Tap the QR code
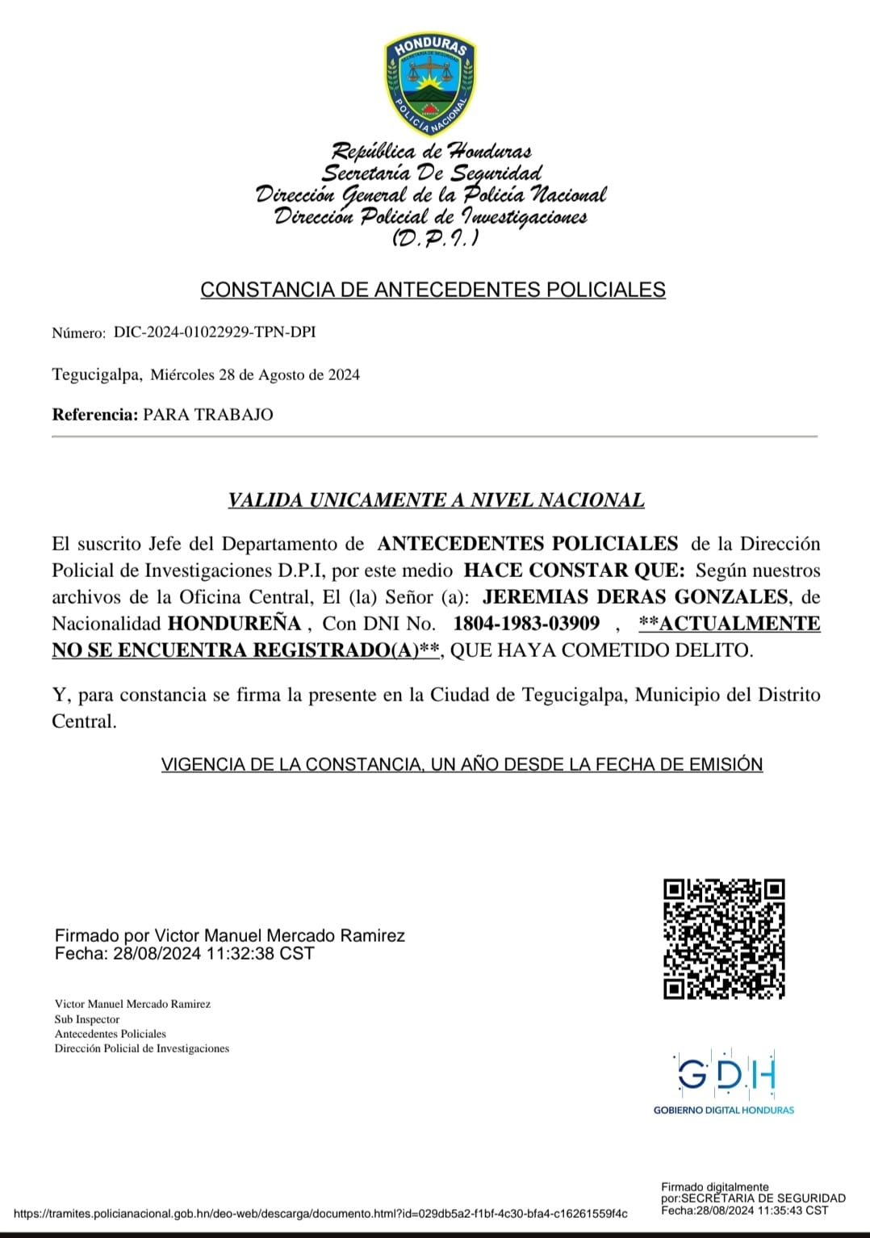(724, 939)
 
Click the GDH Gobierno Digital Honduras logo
(724, 1082)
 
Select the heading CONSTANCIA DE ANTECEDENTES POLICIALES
(433, 290)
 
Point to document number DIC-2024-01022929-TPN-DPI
(215, 332)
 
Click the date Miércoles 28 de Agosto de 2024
(255, 374)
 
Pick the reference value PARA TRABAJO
(208, 415)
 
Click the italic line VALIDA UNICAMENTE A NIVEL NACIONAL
(436, 500)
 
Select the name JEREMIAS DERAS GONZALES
(635, 597)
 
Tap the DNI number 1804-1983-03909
(526, 624)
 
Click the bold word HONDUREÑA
(234, 624)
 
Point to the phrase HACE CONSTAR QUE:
(574, 571)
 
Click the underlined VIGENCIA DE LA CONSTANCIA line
(462, 764)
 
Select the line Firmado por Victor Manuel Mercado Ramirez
(230, 935)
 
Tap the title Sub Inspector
(87, 1019)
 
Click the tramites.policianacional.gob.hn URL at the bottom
(320, 1213)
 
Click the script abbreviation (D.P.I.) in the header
(434, 238)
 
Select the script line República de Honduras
(432, 151)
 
